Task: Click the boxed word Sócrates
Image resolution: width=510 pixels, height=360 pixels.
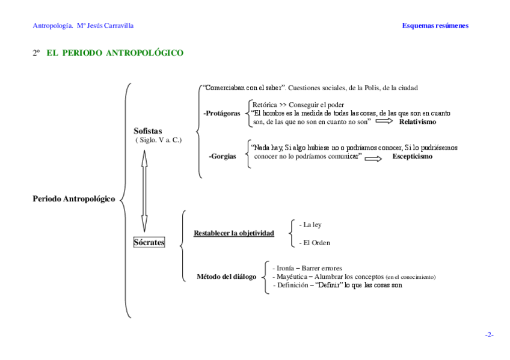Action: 149,242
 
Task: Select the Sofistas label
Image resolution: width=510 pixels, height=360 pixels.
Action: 148,131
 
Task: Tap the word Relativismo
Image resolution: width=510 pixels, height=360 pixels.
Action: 417,122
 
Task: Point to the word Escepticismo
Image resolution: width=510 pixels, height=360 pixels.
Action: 412,157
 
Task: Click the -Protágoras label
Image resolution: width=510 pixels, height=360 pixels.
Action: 221,113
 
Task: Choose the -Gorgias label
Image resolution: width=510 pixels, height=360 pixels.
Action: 222,157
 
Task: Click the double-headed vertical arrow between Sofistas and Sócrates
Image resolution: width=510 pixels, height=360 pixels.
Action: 144,186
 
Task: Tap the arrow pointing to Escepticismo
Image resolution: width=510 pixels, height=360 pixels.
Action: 373,158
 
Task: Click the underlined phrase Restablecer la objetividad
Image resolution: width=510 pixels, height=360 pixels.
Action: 233,233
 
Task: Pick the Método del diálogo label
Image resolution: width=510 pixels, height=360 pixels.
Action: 226,277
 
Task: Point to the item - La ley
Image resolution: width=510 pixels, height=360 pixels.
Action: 310,225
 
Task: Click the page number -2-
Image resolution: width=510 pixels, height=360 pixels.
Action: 489,335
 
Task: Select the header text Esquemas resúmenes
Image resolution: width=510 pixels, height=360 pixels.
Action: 435,26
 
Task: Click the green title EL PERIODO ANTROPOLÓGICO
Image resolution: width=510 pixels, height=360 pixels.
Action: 115,53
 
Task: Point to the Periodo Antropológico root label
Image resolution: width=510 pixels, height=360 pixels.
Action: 73,199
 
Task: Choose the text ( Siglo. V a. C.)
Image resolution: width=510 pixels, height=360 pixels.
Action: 158,140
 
